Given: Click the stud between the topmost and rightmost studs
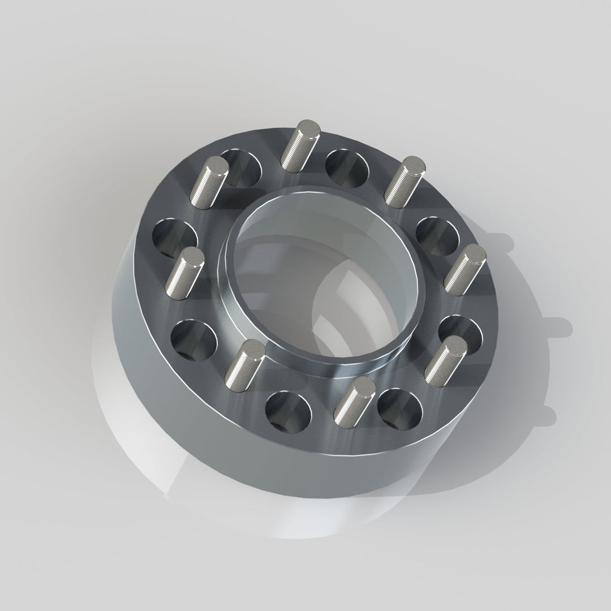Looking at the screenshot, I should [x=405, y=180].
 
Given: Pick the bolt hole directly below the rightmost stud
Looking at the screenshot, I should [x=460, y=337].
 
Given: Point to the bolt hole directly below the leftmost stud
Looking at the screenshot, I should [x=194, y=342].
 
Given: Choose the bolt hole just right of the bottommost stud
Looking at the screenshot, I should [x=400, y=407].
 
